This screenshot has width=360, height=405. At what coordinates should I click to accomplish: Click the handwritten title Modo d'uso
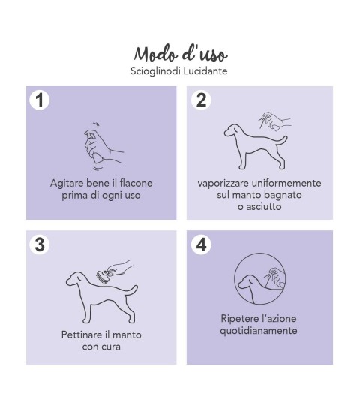tap(181, 54)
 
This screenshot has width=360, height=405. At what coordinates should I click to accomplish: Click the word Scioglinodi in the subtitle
tap(155, 71)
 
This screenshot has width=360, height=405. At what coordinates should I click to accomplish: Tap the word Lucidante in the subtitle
tap(205, 70)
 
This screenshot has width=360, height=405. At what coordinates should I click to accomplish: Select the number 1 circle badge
tap(40, 100)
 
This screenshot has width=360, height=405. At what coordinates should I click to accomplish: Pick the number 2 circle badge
tap(201, 100)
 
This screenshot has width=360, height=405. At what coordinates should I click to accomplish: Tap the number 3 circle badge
tap(40, 244)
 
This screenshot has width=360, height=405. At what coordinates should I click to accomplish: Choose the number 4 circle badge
tap(201, 244)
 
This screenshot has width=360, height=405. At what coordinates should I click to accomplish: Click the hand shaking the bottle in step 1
tap(103, 146)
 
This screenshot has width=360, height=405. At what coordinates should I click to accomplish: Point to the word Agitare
tap(67, 184)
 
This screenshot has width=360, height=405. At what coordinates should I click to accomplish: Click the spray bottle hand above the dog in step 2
tap(274, 121)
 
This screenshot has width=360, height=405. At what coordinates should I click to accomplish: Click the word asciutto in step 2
tap(264, 207)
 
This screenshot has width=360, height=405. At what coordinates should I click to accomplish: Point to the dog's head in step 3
tap(75, 279)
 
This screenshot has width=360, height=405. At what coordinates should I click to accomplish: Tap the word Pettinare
tap(82, 334)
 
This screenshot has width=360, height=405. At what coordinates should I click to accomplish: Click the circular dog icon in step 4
tap(259, 278)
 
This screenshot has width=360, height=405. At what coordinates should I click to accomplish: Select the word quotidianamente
tap(259, 331)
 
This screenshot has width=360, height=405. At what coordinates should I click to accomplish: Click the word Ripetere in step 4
tap(239, 319)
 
